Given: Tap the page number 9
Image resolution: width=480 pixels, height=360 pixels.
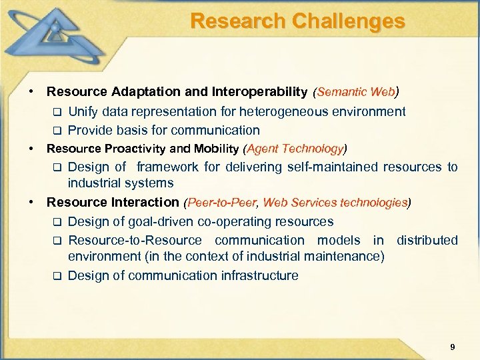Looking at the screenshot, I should point(453,346).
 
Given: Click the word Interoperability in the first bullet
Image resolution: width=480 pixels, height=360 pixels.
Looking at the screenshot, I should point(259,91).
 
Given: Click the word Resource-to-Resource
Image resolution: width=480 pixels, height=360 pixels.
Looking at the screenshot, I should point(135,240).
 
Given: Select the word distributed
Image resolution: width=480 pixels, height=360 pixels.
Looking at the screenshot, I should point(427,240).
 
